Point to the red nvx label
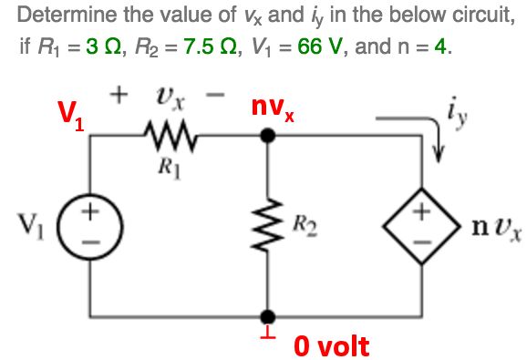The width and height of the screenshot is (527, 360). click(x=274, y=112)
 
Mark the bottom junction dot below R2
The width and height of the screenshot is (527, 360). click(x=266, y=313)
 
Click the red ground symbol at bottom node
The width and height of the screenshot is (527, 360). click(x=266, y=332)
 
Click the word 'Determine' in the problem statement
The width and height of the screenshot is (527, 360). click(x=58, y=15)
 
